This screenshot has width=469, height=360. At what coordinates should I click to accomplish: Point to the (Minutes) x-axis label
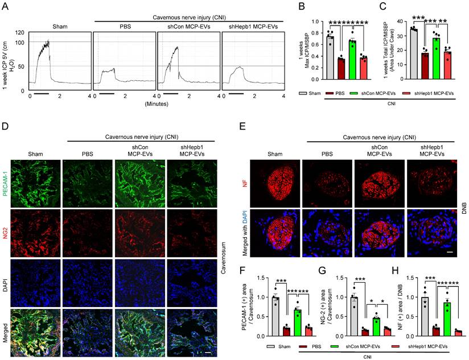(x=156, y=104)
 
